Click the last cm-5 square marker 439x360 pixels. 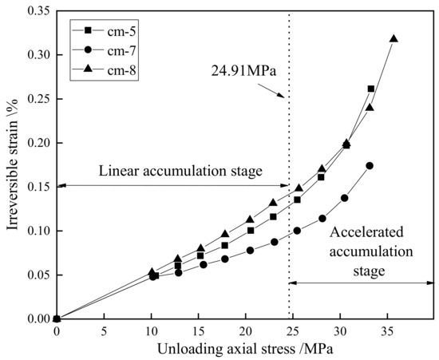tap(371, 89)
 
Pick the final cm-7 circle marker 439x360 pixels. tap(370, 166)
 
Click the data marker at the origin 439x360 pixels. tap(56, 319)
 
